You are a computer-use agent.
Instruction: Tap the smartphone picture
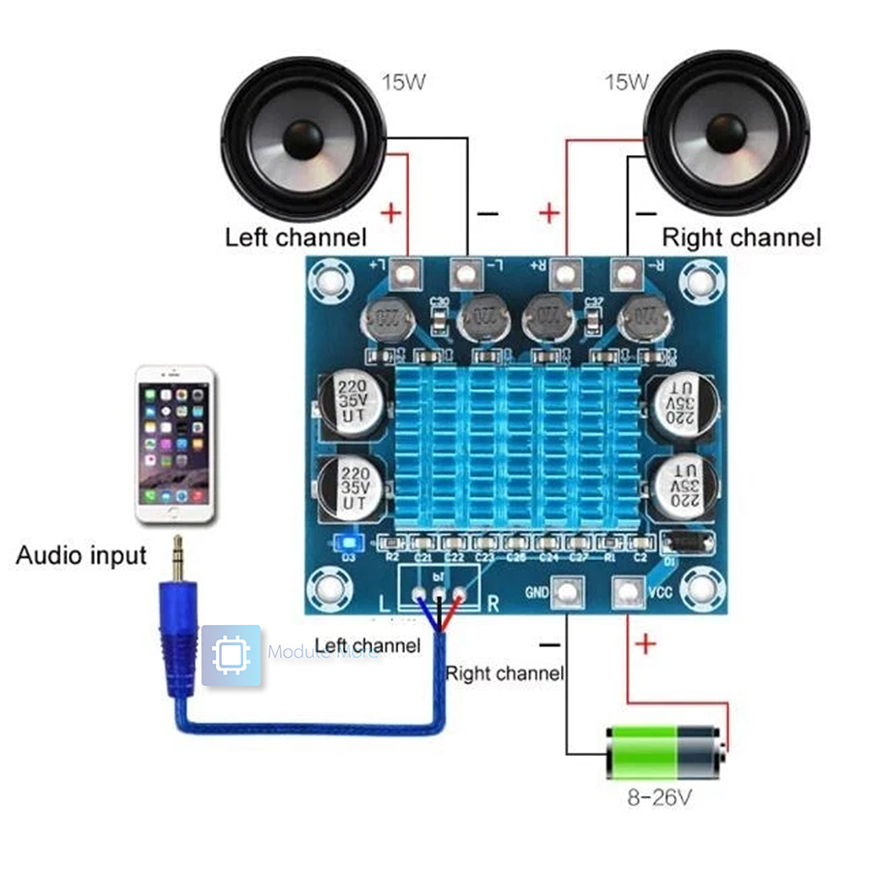[174, 446]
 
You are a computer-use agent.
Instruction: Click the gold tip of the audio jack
[177, 557]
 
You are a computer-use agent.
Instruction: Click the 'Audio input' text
[81, 556]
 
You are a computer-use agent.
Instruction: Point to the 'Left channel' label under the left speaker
[296, 237]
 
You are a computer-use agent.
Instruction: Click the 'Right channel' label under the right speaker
[741, 237]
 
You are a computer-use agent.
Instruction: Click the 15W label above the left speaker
[403, 81]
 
